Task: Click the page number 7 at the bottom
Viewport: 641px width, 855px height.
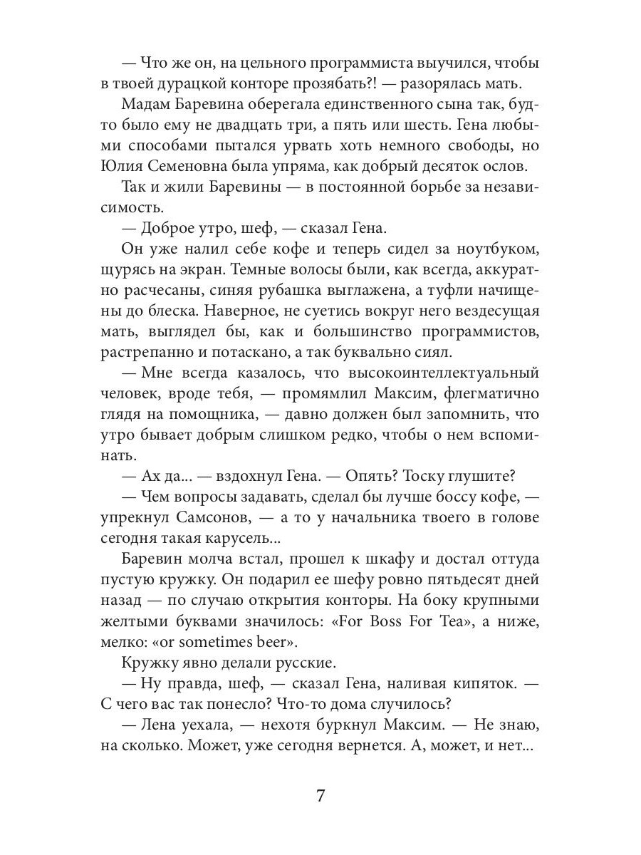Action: point(320,796)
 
